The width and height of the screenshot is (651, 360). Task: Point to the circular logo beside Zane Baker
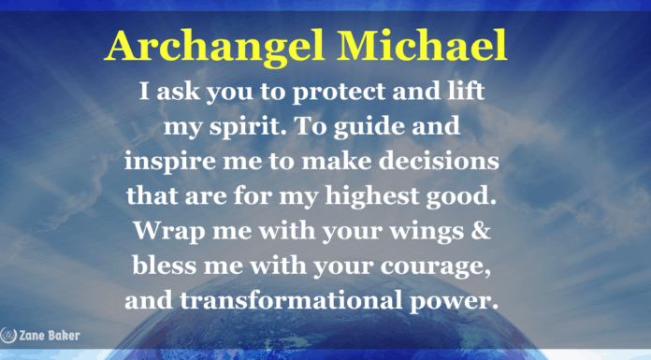point(6,333)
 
